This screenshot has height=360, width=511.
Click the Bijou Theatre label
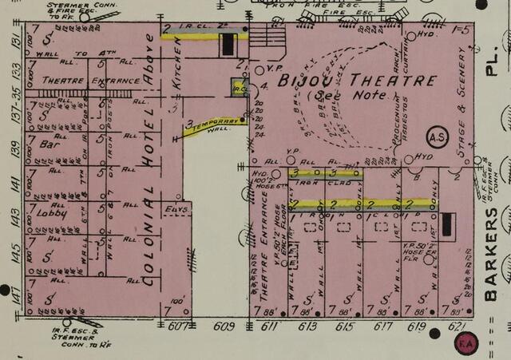pos(357,81)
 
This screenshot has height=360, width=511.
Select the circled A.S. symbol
pos(438,137)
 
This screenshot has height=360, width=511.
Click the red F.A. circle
pos(465,344)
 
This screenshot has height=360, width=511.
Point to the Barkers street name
pos(491,255)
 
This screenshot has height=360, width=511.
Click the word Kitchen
pos(177,62)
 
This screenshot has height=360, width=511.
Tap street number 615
pos(344,326)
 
